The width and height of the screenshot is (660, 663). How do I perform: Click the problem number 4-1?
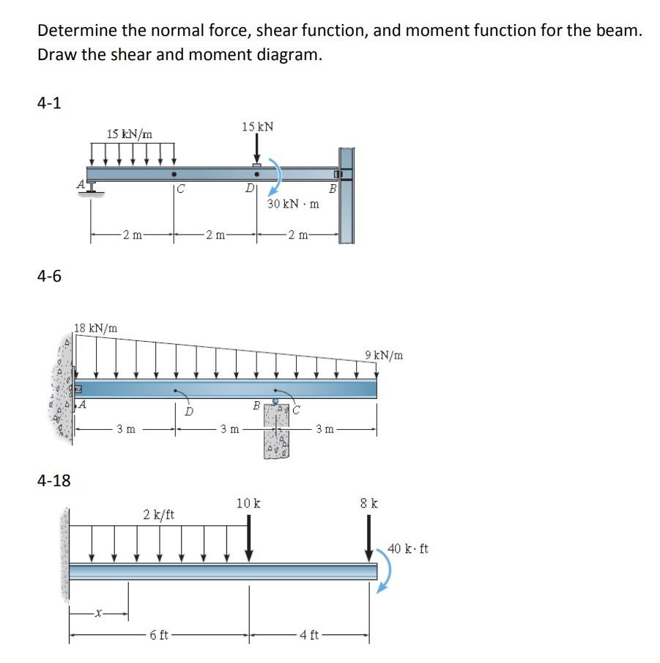click(49, 103)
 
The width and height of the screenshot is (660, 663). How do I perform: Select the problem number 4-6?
click(49, 276)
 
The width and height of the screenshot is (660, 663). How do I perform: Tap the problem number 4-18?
click(53, 480)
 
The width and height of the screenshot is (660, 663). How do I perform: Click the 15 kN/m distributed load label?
click(129, 133)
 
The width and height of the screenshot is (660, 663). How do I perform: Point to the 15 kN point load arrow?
click(256, 150)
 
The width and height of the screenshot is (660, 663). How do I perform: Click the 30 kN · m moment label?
click(293, 203)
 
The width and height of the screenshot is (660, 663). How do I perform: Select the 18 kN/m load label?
click(96, 328)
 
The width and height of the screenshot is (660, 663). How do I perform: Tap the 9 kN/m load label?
click(384, 356)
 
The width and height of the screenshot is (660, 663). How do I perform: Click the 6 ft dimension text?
click(159, 634)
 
